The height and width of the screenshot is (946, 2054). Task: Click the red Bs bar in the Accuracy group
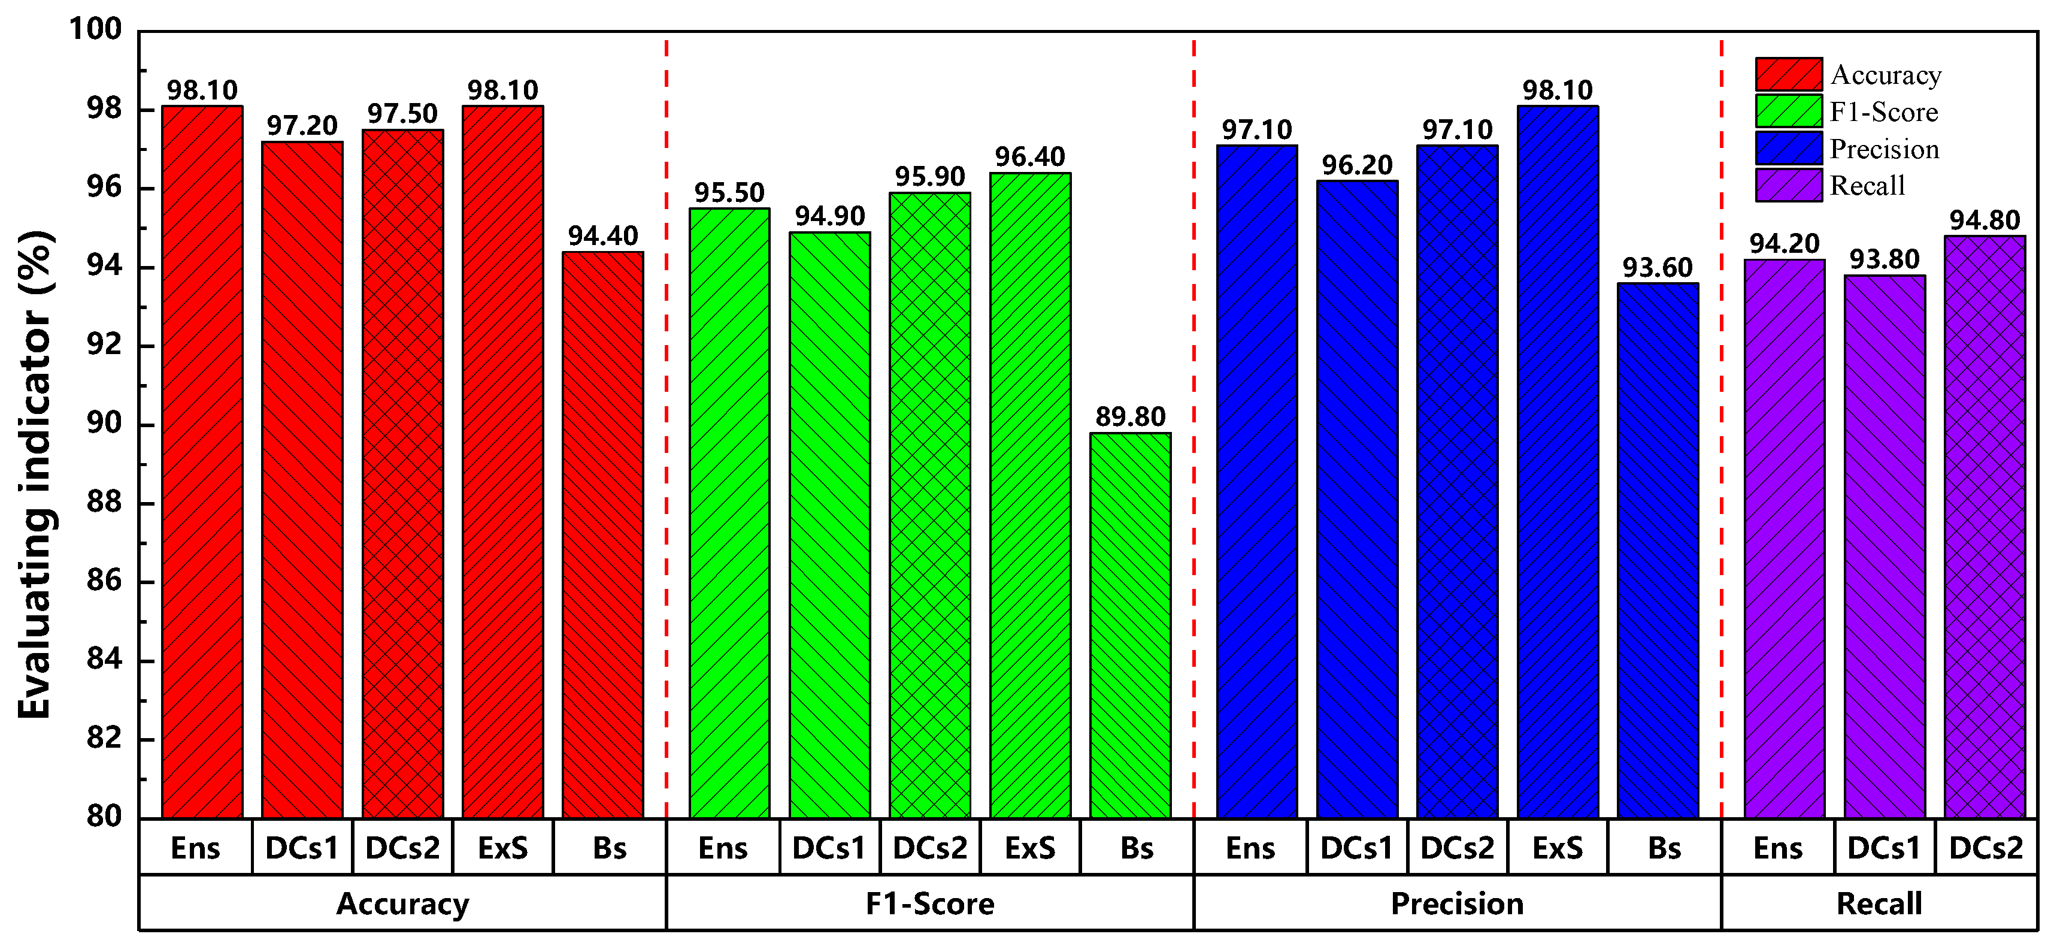[x=603, y=534]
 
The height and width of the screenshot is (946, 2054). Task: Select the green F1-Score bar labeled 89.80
[x=1130, y=625]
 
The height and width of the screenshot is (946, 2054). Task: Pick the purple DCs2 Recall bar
[x=1985, y=527]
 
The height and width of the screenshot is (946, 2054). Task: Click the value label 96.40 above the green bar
[x=1030, y=157]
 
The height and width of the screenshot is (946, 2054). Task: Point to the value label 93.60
[x=1658, y=268]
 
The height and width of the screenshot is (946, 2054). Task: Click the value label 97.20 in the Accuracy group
[x=302, y=126]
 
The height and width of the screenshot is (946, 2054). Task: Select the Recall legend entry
[x=1867, y=186]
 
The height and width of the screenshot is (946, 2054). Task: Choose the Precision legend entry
[x=1883, y=149]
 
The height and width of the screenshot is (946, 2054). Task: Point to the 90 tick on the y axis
[x=104, y=424]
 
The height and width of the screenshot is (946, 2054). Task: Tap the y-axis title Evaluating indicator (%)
[x=36, y=474]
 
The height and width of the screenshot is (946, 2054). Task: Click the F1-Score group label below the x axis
[x=930, y=903]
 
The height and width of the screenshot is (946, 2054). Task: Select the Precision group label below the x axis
[x=1457, y=903]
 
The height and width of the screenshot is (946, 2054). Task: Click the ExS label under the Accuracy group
[x=502, y=848]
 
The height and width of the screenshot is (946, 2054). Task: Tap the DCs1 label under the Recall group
[x=1883, y=848]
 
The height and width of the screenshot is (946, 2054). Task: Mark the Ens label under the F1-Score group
[x=722, y=848]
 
